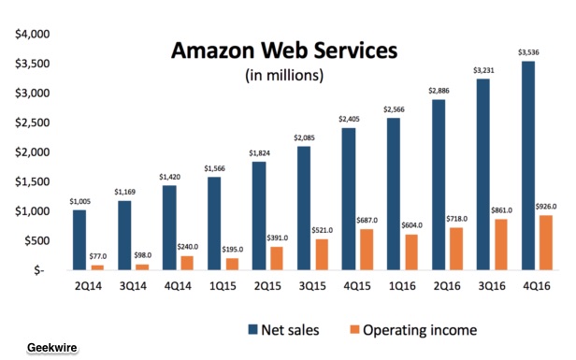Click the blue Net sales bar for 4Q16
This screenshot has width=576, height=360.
pyautogui.click(x=528, y=166)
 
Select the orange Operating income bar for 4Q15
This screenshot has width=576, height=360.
pyautogui.click(x=367, y=250)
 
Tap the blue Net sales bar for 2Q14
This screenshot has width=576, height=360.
pyautogui.click(x=79, y=240)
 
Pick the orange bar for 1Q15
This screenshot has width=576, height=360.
pyautogui.click(x=232, y=264)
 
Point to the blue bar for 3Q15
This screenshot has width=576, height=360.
pyautogui.click(x=304, y=209)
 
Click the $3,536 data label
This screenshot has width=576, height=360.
pyautogui.click(x=528, y=52)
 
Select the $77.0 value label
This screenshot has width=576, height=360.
pyautogui.click(x=97, y=256)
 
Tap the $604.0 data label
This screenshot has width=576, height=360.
pyautogui.click(x=411, y=225)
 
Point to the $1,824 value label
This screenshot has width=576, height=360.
pyautogui.click(x=259, y=153)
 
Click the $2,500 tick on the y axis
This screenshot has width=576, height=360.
pyautogui.click(x=33, y=122)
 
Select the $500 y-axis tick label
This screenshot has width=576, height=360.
pyautogui.click(x=37, y=240)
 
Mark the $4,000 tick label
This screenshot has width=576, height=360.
pyautogui.click(x=33, y=34)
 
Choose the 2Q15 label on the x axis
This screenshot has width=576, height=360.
pyautogui.click(x=267, y=286)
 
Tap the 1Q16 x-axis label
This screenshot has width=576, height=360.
pyautogui.click(x=402, y=286)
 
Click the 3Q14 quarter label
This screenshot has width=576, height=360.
pyautogui.click(x=133, y=286)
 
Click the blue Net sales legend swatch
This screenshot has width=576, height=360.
pyautogui.click(x=252, y=329)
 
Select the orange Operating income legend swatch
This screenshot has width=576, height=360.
pyautogui.click(x=354, y=329)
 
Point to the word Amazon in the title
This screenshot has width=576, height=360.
pyautogui.click(x=212, y=50)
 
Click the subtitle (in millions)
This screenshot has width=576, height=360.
pyautogui.click(x=284, y=76)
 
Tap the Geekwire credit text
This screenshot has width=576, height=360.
pyautogui.click(x=52, y=348)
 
